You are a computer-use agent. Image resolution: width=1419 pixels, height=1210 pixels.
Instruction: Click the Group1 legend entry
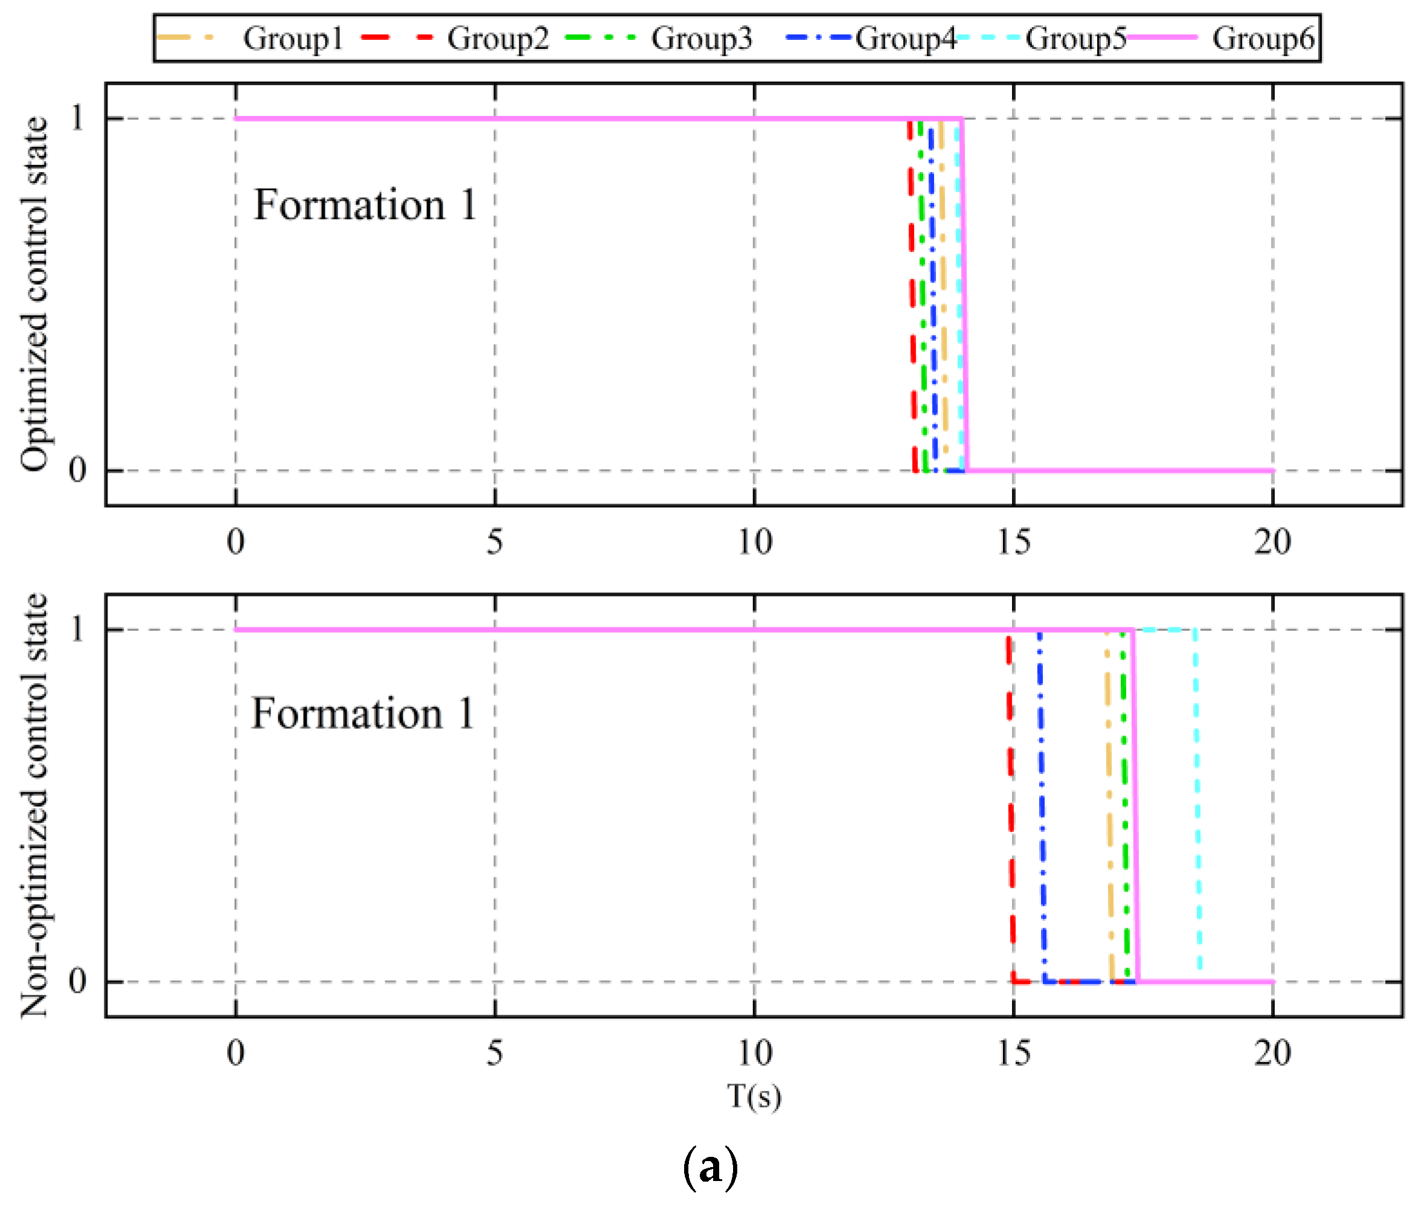coord(292,39)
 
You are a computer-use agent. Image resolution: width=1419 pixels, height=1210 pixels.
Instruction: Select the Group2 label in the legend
coord(498,39)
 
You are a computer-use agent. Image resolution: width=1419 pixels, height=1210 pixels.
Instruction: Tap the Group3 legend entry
coord(701,39)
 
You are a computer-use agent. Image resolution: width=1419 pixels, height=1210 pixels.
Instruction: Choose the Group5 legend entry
coord(1075,39)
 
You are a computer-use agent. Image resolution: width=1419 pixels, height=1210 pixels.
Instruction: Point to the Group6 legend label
coord(1263,39)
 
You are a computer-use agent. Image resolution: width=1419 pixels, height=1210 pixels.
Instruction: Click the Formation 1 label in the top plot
coord(365,205)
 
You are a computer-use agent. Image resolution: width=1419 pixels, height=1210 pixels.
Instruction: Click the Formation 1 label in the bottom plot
coord(363,714)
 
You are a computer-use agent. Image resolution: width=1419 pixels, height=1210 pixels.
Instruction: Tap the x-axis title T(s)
coord(754,1096)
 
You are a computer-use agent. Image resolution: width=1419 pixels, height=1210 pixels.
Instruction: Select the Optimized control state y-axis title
coord(34,295)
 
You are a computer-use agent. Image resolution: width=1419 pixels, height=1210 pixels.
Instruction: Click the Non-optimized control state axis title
coord(34,805)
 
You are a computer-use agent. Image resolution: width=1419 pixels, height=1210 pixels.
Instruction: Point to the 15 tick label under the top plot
coord(1014,542)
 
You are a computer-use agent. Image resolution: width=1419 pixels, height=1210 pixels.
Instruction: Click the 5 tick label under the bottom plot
coord(495,1053)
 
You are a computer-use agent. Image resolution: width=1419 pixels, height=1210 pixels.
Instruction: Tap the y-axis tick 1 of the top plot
coord(77,118)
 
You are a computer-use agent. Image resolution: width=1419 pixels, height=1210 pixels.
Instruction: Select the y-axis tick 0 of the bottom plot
coord(77,981)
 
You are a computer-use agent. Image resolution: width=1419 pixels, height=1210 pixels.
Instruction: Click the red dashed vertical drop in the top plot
coord(912,295)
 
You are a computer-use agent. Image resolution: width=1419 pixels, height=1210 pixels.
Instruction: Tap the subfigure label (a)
coord(710,1170)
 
